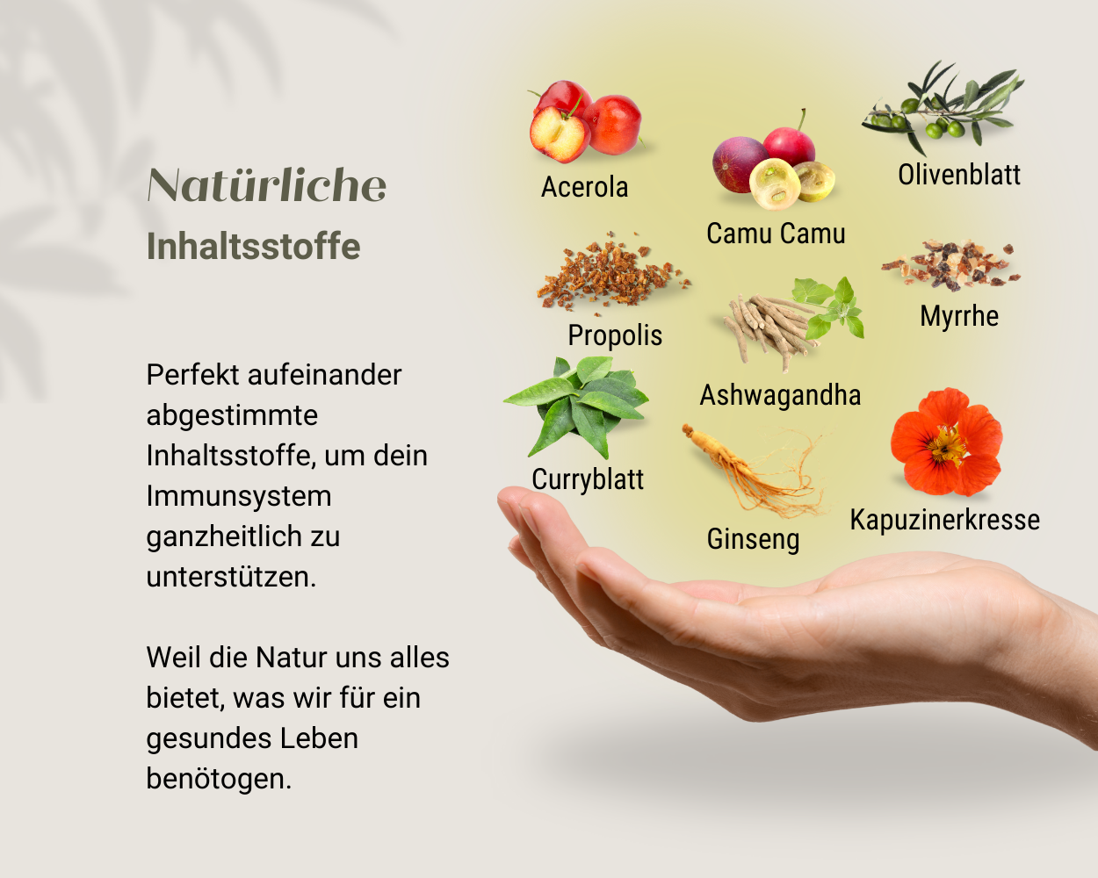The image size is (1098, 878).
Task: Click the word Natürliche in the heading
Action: click(x=267, y=185)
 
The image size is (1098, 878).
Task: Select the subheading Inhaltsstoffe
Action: click(x=253, y=247)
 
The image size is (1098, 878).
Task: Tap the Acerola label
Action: click(x=584, y=187)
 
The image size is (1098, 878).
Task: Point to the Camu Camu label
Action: click(x=776, y=234)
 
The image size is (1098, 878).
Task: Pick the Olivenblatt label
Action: click(x=958, y=175)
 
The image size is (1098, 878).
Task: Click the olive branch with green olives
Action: click(x=941, y=110)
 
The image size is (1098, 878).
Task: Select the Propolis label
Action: click(x=615, y=335)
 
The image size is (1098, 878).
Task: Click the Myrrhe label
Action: click(x=959, y=316)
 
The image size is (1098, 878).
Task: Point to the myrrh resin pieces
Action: click(x=951, y=264)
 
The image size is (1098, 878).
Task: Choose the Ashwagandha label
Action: click(x=780, y=395)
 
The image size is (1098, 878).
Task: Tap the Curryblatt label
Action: click(x=588, y=479)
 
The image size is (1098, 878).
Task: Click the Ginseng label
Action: click(x=753, y=539)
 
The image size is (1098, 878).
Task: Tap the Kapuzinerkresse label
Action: click(x=944, y=520)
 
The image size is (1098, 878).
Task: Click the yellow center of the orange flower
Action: click(x=947, y=446)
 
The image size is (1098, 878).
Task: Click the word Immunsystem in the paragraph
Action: click(x=239, y=496)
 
